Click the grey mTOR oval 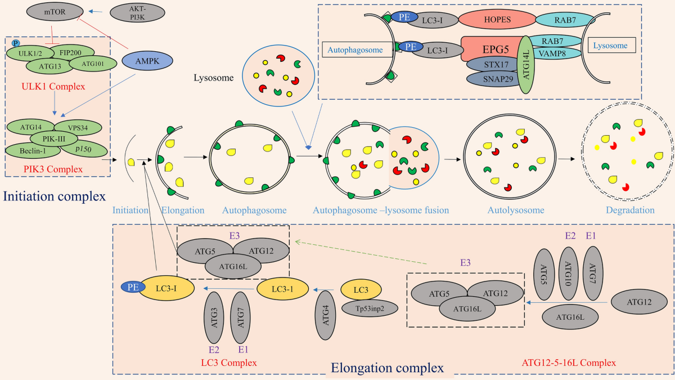tap(55, 12)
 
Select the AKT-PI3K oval tap(137, 14)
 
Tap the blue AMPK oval tap(147, 61)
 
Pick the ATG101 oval tap(93, 64)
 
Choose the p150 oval tap(84, 149)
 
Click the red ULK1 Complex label tap(53, 87)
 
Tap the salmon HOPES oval tap(497, 20)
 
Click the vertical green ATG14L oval tap(526, 65)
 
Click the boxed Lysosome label tap(612, 45)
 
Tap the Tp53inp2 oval tap(370, 309)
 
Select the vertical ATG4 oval tap(325, 315)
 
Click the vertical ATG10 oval tap(569, 274)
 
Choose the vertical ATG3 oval tap(214, 318)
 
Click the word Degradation tap(630, 210)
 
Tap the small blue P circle tap(15, 43)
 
